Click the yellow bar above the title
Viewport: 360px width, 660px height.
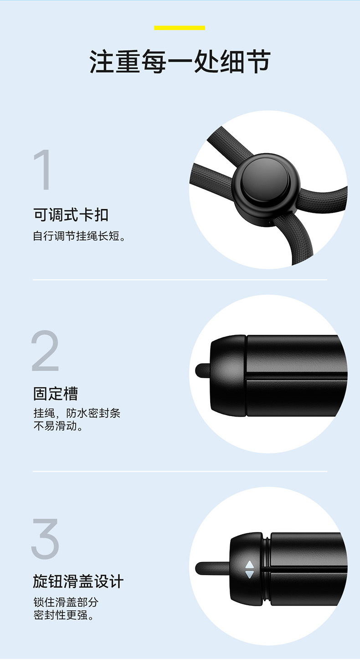tap(180, 28)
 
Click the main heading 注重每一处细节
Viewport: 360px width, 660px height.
tap(180, 62)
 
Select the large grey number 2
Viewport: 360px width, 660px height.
tap(46, 351)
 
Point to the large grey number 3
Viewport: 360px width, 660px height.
tap(46, 538)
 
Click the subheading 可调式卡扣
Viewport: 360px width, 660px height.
tap(71, 215)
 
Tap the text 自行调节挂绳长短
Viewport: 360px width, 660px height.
tap(79, 236)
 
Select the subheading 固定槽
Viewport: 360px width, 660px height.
tap(56, 394)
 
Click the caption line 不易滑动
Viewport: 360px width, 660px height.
tap(58, 426)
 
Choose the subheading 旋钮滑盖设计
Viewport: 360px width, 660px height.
tap(78, 581)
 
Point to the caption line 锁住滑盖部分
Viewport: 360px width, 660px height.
tap(66, 602)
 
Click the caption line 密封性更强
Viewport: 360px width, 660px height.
tap(63, 615)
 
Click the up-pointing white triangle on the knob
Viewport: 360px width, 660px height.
tap(250, 564)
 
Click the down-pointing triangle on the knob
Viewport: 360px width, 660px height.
tap(250, 574)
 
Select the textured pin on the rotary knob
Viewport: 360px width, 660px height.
tap(213, 569)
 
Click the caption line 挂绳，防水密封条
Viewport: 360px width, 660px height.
tap(77, 413)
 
